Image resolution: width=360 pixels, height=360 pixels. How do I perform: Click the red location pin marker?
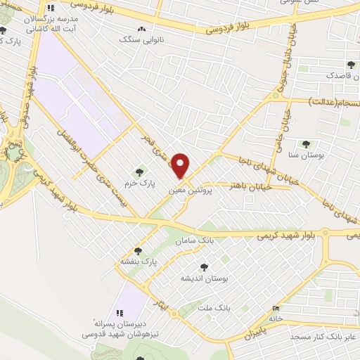[x=181, y=166]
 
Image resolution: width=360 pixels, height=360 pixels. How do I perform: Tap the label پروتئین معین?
[x=193, y=190]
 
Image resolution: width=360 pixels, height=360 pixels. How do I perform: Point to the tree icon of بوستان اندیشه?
[x=204, y=266]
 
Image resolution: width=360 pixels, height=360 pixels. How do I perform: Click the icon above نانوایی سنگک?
[x=143, y=29]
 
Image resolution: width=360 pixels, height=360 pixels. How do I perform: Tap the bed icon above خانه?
[x=276, y=309]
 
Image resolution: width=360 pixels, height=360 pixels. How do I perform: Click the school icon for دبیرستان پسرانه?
[x=119, y=312]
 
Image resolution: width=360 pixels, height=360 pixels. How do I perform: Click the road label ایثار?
[x=162, y=304]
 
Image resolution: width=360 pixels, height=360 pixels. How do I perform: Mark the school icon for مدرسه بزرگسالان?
[x=49, y=10]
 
